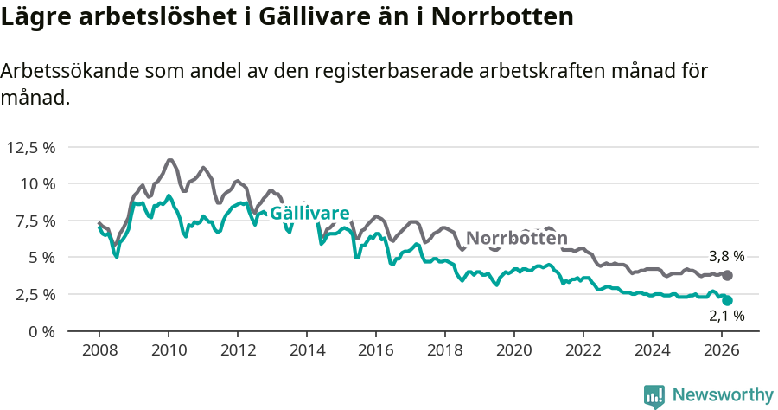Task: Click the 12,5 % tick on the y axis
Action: (30, 147)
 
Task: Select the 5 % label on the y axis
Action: (40, 258)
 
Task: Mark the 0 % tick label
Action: (40, 331)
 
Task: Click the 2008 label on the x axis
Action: (99, 351)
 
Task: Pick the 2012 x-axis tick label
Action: (238, 351)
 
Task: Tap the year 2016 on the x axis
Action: (376, 351)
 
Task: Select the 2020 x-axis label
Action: (514, 351)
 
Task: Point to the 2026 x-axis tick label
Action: (722, 351)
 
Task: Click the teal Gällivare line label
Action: (309, 214)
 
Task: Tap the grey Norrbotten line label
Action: (517, 239)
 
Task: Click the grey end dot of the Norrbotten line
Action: (728, 275)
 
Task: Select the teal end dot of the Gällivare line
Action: (728, 300)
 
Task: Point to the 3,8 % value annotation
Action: (726, 256)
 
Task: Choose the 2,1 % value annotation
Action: (726, 317)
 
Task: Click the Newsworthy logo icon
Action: (654, 396)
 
